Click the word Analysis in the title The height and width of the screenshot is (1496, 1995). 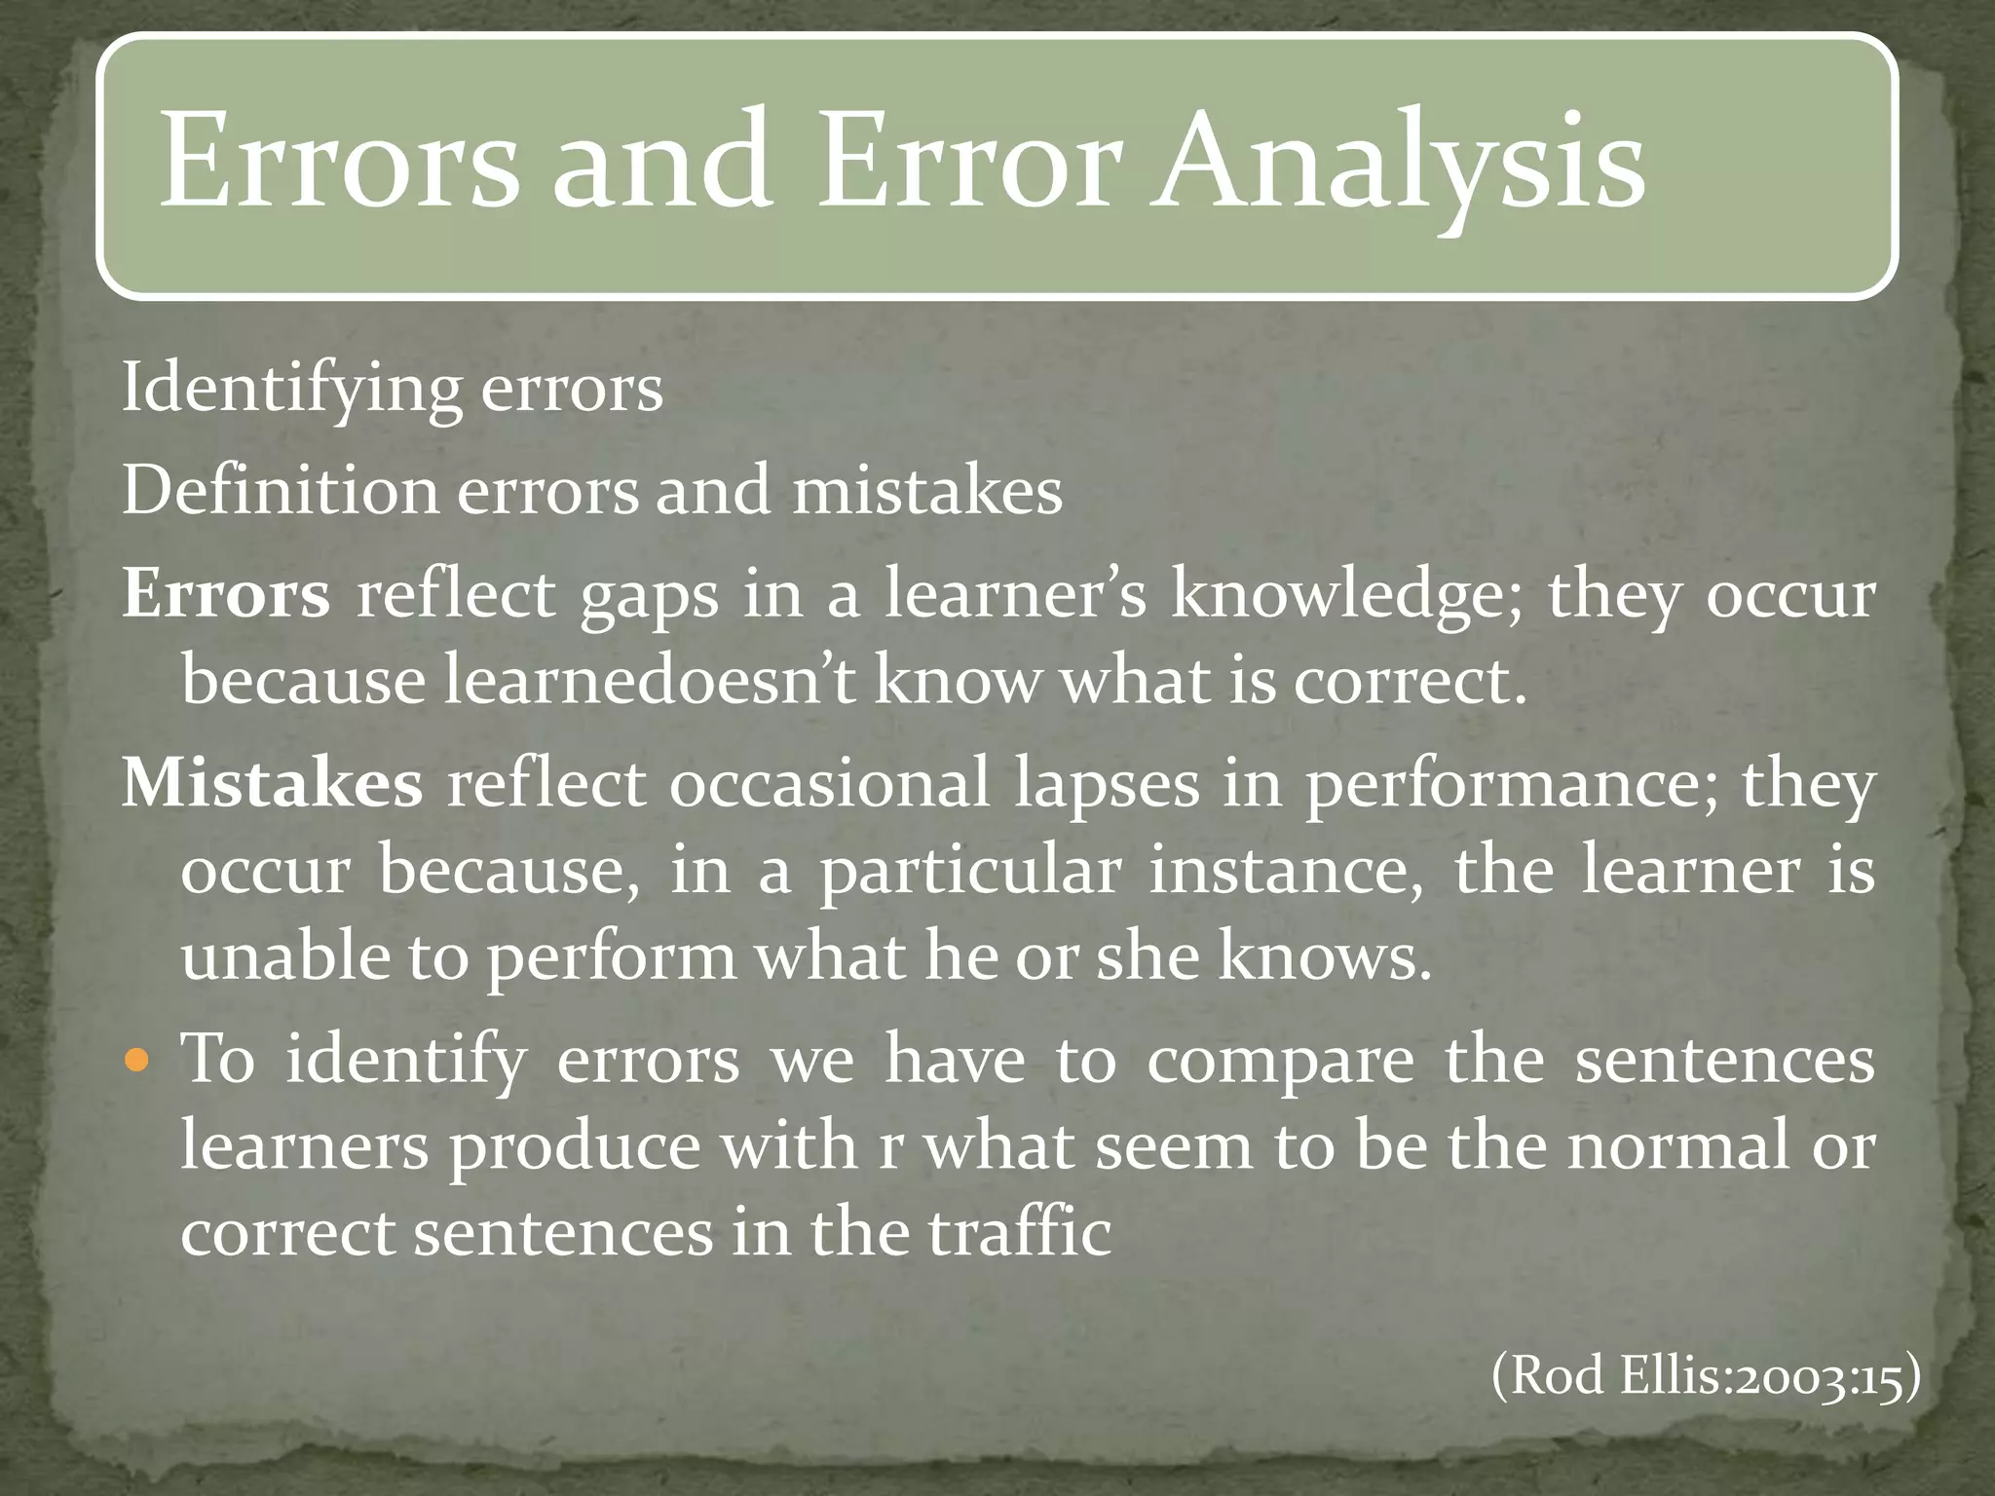tap(1398, 161)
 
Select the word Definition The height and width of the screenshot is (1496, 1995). tap(280, 490)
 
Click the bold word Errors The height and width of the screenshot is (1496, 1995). tap(226, 593)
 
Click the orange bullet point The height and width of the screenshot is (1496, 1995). tap(140, 1060)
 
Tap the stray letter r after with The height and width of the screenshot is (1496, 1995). tap(888, 1148)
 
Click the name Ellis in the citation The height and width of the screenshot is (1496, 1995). tap(1675, 1376)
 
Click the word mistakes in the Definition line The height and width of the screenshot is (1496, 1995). tap(926, 490)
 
